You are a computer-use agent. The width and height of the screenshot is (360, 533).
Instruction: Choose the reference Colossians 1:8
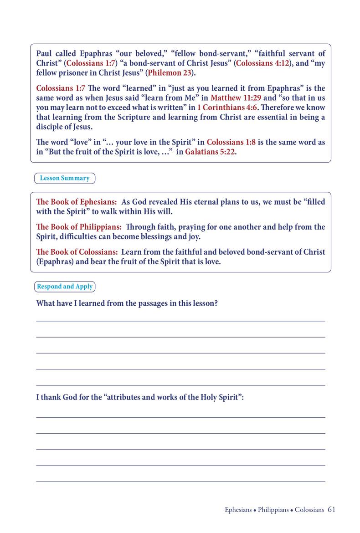pos(231,142)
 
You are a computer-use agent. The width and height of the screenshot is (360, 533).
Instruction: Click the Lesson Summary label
pos(65,178)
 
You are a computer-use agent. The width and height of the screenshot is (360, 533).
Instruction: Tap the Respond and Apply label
pos(65,287)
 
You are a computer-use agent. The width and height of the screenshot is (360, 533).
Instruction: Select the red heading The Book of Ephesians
pos(77,202)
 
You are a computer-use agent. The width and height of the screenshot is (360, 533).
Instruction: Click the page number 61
pos(331,510)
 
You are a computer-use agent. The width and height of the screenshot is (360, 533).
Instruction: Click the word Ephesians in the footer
pos(238,510)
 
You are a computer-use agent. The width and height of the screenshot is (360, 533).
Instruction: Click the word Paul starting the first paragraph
pos(45,53)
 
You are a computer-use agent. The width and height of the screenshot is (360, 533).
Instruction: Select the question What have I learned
pos(127,303)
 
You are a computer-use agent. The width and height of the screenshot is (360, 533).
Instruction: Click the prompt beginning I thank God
pos(140,397)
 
